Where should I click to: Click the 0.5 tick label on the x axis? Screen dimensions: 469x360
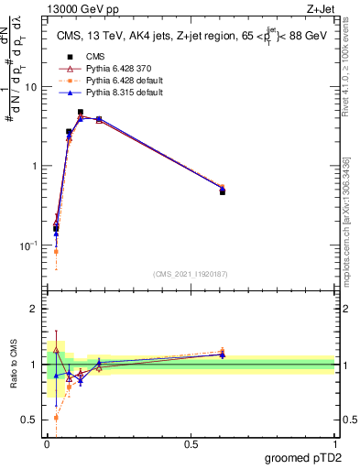[x=191, y=444]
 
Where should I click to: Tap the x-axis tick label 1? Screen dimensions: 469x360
[x=334, y=444]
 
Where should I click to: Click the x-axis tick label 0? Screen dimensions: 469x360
[x=47, y=444]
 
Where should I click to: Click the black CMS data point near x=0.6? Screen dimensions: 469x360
[x=223, y=191]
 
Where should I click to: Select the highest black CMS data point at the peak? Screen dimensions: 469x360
[x=81, y=113]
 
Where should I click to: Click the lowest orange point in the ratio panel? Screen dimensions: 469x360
[x=57, y=417]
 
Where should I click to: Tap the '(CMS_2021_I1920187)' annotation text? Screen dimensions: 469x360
[x=190, y=273]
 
